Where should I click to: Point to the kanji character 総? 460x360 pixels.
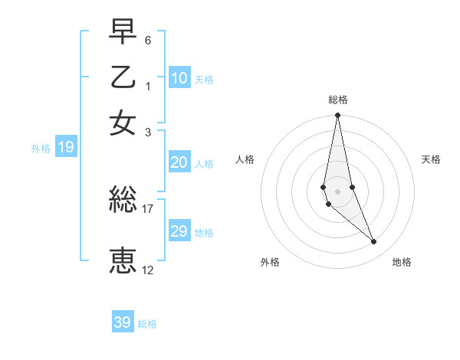[123, 199]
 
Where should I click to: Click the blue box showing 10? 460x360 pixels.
[179, 78]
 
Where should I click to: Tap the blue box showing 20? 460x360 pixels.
[179, 162]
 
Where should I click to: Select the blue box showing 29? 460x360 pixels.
[179, 231]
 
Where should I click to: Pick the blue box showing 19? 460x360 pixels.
[66, 148]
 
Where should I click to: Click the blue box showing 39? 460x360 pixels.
[123, 322]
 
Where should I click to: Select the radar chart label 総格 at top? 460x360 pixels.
[337, 100]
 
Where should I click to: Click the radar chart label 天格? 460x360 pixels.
[432, 159]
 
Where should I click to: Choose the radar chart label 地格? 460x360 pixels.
[402, 262]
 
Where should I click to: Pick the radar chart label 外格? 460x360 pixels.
[270, 262]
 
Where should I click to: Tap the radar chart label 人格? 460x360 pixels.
[245, 159]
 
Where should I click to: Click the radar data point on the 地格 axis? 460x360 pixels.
[374, 242]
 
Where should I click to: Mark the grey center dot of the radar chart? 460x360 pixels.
[337, 191]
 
